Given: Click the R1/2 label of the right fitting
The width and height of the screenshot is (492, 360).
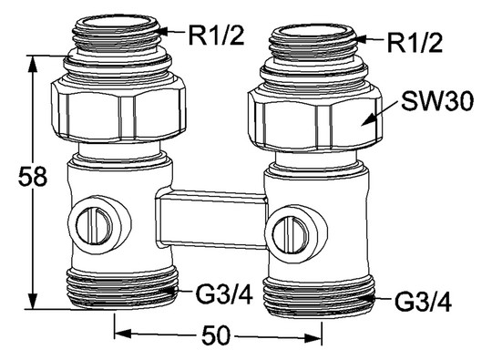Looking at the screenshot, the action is point(415,42).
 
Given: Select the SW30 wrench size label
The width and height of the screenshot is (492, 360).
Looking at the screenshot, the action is point(437,101).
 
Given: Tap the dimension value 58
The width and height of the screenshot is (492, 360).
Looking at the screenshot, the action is point(33,177).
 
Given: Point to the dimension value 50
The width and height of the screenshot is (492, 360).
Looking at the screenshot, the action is point(216,334).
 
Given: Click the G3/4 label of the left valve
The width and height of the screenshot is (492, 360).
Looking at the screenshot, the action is point(224,294).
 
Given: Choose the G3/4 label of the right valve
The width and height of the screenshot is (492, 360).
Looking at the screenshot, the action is point(423,303).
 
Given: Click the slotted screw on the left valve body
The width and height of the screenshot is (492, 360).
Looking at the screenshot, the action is point(94,226).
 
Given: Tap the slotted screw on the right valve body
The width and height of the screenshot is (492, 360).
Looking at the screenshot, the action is point(291,234).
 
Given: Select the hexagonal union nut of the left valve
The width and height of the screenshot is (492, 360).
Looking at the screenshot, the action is point(118,110).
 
